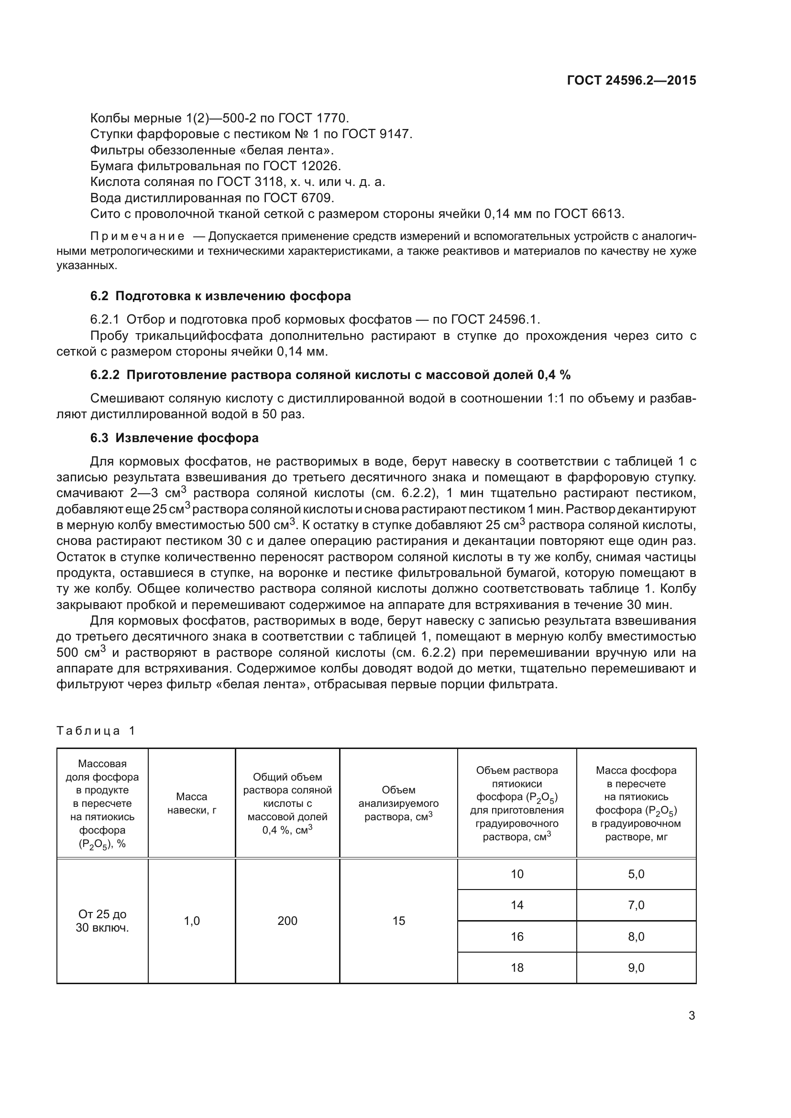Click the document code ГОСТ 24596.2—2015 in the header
(x=631, y=80)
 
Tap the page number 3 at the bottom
(x=692, y=1016)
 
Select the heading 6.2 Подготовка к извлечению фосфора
(x=220, y=296)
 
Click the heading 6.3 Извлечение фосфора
(x=175, y=438)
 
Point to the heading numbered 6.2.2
(x=330, y=374)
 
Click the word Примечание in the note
(x=137, y=237)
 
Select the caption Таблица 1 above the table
(x=96, y=730)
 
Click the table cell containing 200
(x=287, y=921)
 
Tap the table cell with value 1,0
(x=191, y=921)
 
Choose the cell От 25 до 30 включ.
(x=102, y=921)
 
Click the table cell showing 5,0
(x=636, y=874)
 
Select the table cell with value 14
(x=517, y=905)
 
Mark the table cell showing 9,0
(x=636, y=967)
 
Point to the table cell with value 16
(x=517, y=936)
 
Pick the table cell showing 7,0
(x=636, y=905)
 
